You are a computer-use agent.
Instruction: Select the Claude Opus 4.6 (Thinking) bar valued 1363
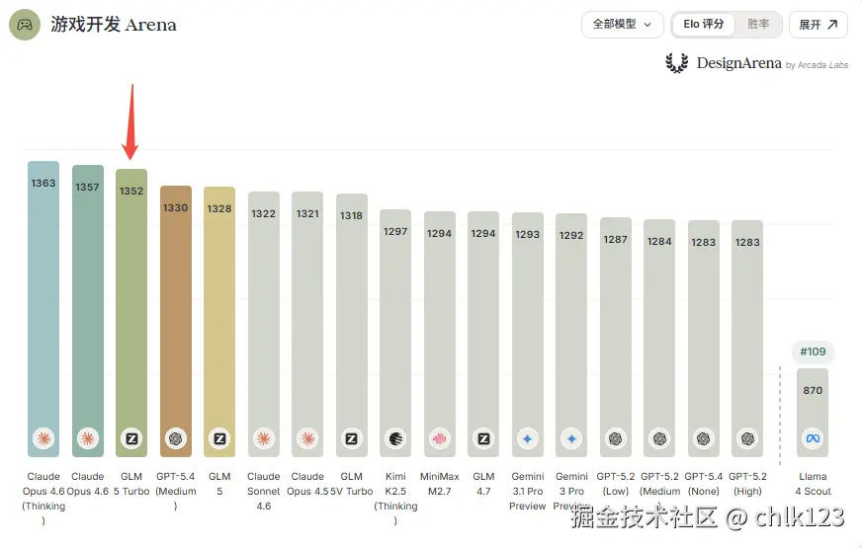[x=43, y=296]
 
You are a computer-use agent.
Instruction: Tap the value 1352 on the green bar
[x=131, y=192]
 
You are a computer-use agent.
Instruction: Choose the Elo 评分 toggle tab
[x=704, y=25]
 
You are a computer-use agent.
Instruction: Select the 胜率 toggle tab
[x=758, y=25]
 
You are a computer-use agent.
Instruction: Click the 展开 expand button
[x=818, y=25]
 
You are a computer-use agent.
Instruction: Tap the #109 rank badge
[x=813, y=352]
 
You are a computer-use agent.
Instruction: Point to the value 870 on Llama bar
[x=813, y=391]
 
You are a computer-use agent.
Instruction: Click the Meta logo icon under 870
[x=813, y=438]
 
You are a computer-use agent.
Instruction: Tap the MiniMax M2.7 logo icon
[x=440, y=438]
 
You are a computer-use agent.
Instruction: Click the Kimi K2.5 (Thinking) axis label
[x=395, y=499]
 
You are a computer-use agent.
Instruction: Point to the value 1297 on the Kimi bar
[x=395, y=231]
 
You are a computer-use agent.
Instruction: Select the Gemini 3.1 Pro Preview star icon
[x=528, y=438]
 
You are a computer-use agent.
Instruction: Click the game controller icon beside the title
[x=25, y=25]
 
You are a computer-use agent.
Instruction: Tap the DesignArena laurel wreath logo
[x=677, y=63]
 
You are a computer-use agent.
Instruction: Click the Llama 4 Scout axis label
[x=813, y=484]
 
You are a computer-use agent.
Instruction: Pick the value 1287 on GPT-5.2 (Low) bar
[x=616, y=239]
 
